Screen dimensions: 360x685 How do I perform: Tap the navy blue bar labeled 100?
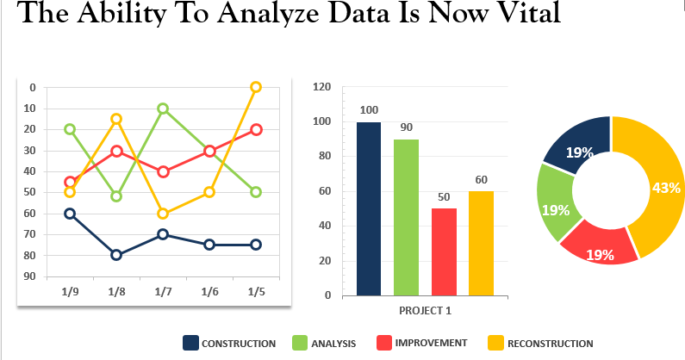(x=369, y=208)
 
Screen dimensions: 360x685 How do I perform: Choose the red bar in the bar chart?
(x=443, y=251)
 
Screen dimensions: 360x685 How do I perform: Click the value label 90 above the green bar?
(x=406, y=127)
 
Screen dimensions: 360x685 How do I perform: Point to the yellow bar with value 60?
(x=481, y=243)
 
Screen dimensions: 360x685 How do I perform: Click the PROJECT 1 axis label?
(x=425, y=310)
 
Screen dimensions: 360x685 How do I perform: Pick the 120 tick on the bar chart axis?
(x=323, y=87)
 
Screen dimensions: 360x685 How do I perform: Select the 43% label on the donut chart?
(x=667, y=188)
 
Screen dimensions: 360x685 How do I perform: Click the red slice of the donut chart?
(x=599, y=248)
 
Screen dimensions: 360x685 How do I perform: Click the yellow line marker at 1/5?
(x=256, y=87)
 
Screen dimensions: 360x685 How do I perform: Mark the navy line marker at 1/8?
(x=116, y=255)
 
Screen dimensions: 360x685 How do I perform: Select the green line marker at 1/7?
(x=163, y=109)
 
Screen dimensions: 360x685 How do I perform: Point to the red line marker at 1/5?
(x=256, y=130)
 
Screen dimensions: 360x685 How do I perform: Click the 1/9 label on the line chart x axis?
(x=70, y=292)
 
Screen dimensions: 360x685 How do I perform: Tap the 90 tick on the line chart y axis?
(x=31, y=276)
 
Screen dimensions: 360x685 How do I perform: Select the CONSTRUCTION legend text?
(x=238, y=344)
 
